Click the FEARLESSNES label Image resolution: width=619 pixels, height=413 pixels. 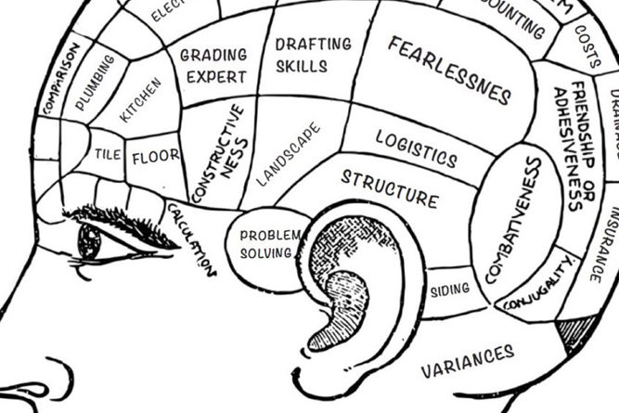[x=450, y=70]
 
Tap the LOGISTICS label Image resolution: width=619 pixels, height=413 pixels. [x=416, y=148]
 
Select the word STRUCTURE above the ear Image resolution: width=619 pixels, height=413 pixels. [x=389, y=187]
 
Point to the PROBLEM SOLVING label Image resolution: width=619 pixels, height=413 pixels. [x=269, y=244]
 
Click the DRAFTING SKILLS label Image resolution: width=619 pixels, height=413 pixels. [x=314, y=55]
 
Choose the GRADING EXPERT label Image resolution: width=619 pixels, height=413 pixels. [x=213, y=65]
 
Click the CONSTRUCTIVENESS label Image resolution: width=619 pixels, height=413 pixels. [x=219, y=154]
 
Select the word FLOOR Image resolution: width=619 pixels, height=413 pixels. [x=155, y=157]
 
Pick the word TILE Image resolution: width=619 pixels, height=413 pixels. [x=108, y=155]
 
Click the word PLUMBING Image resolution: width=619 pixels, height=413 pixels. [x=96, y=84]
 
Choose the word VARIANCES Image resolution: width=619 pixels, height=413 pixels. [x=467, y=361]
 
